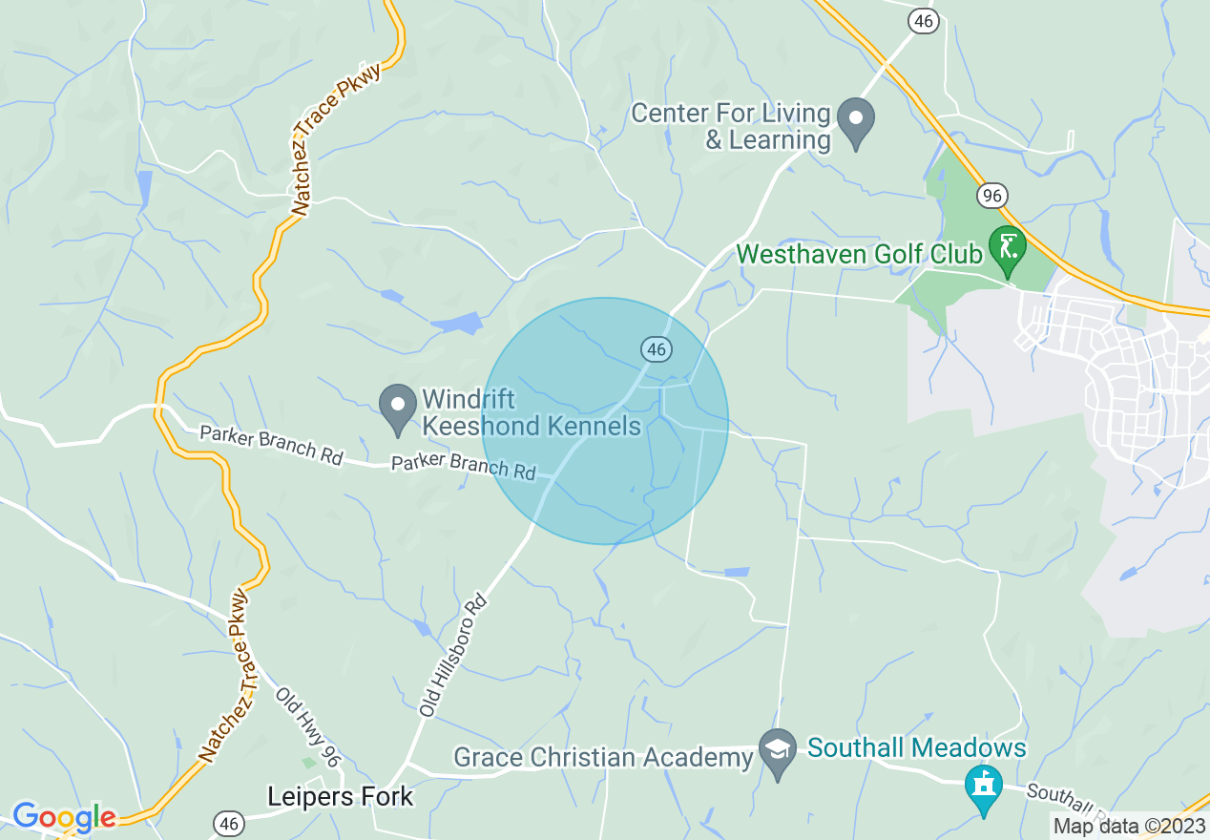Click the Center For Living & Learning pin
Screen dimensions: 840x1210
(855, 121)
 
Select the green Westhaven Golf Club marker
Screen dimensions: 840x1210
(1006, 247)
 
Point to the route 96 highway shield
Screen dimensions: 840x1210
(992, 196)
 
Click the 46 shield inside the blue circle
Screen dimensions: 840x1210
(656, 350)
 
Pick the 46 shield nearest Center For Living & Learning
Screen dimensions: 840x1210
(922, 21)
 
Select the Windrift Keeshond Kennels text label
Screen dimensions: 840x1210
(532, 411)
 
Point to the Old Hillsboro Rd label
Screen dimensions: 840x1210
(454, 656)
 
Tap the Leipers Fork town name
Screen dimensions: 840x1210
(341, 796)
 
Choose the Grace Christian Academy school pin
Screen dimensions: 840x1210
(778, 753)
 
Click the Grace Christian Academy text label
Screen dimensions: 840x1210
(604, 758)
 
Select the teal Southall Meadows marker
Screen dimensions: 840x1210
(983, 787)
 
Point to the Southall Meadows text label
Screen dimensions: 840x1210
(917, 747)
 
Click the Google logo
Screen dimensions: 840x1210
(63, 817)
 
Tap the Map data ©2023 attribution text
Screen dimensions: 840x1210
(1128, 825)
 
